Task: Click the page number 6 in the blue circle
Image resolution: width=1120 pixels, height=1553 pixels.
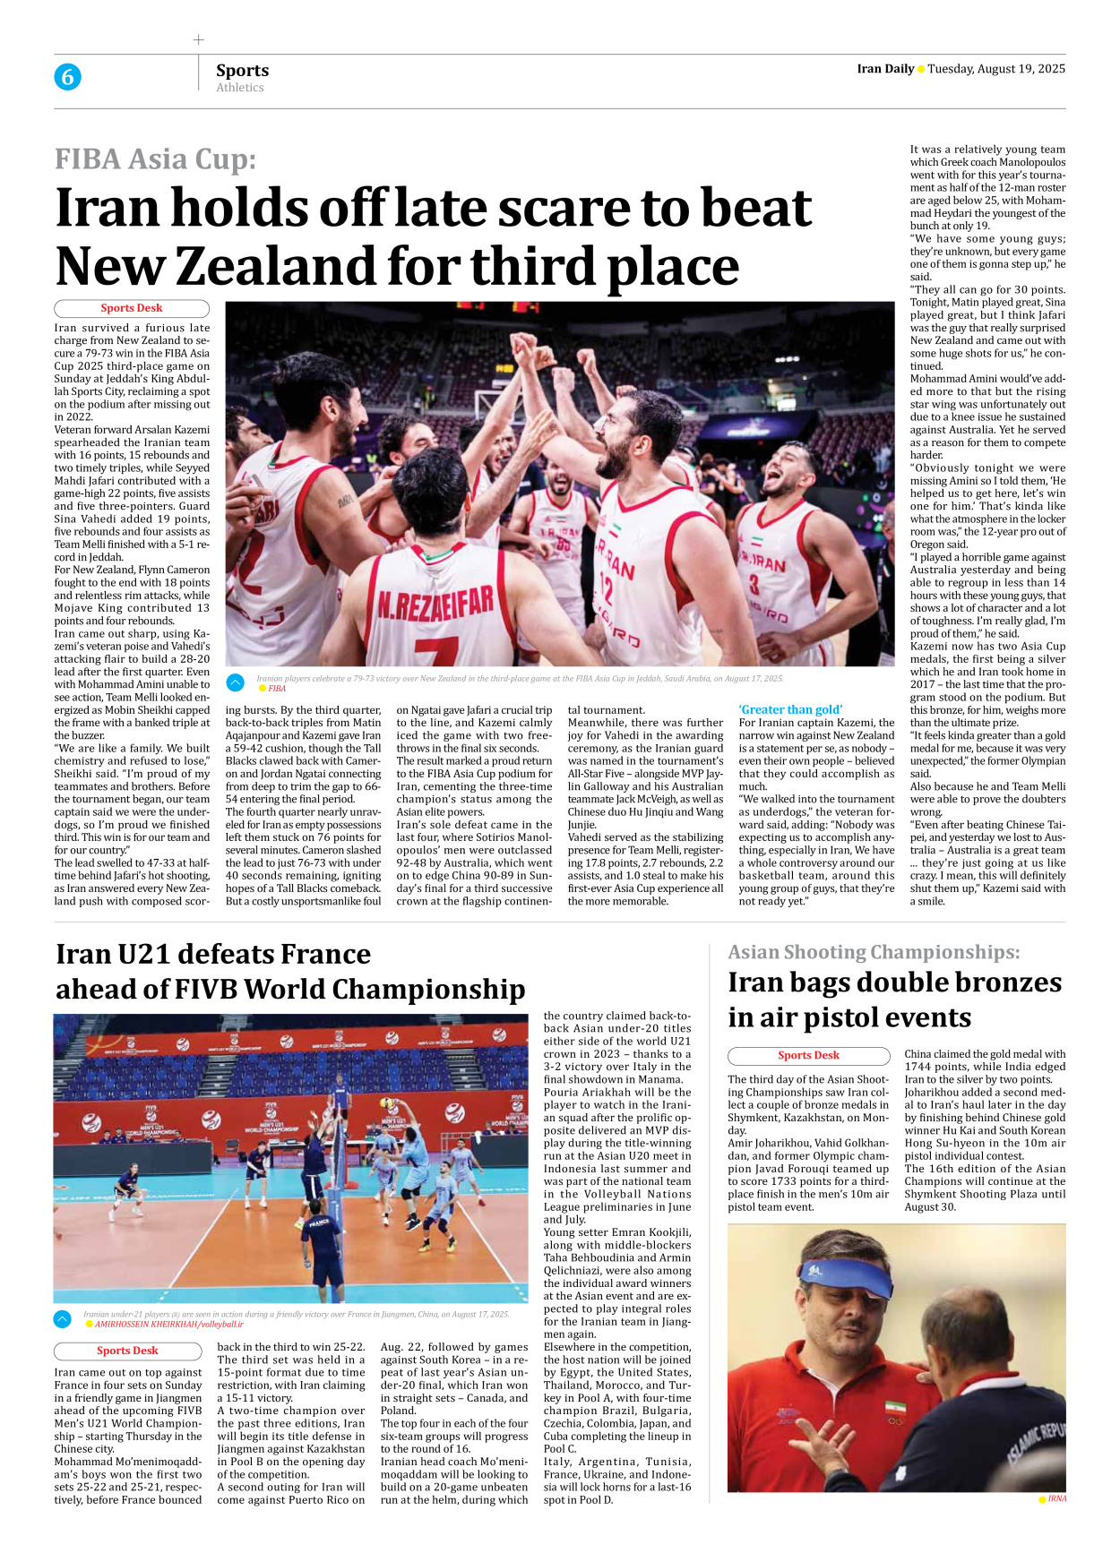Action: coord(67,77)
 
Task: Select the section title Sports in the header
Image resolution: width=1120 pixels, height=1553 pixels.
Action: coord(242,70)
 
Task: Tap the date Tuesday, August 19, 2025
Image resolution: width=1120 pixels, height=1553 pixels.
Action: coord(996,69)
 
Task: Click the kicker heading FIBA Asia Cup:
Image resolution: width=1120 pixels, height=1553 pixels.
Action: coord(155,159)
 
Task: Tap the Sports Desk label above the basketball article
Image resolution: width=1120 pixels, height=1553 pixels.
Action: coord(132,308)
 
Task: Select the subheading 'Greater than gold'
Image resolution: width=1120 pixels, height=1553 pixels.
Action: coord(790,709)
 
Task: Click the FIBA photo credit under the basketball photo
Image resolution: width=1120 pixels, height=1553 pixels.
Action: coord(277,689)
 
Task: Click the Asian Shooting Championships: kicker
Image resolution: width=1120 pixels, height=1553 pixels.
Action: coord(874,952)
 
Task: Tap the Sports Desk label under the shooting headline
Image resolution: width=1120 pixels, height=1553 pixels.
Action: coord(808,1055)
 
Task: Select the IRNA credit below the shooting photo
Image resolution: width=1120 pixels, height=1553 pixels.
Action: coord(1056,1498)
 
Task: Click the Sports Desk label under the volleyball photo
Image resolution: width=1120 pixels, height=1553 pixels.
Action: coord(127,1351)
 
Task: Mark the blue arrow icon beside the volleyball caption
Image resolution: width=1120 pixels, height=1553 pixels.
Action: coord(63,1318)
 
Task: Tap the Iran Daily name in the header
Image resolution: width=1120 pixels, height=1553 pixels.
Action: coord(885,69)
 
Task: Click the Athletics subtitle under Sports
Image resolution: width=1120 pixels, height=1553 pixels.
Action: coord(240,88)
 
